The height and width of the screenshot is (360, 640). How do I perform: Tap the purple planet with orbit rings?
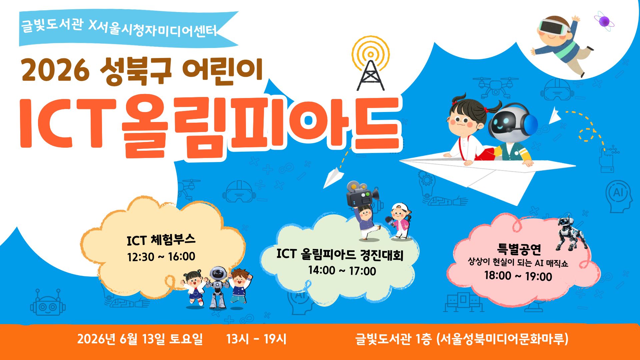click(x=604, y=21)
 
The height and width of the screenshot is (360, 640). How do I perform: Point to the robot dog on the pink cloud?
click(x=571, y=233)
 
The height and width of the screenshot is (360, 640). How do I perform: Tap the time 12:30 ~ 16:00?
click(x=161, y=257)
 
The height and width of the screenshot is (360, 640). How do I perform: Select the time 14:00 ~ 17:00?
click(x=342, y=270)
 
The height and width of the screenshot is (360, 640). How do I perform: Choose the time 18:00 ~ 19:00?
click(x=518, y=276)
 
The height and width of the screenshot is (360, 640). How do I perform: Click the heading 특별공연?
click(x=519, y=248)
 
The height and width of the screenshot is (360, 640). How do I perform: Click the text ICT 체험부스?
click(x=161, y=240)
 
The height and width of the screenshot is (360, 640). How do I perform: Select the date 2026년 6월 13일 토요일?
click(x=140, y=339)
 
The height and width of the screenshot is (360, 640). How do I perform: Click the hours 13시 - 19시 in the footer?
click(x=256, y=339)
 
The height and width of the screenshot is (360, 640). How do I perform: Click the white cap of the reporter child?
click(x=400, y=208)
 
